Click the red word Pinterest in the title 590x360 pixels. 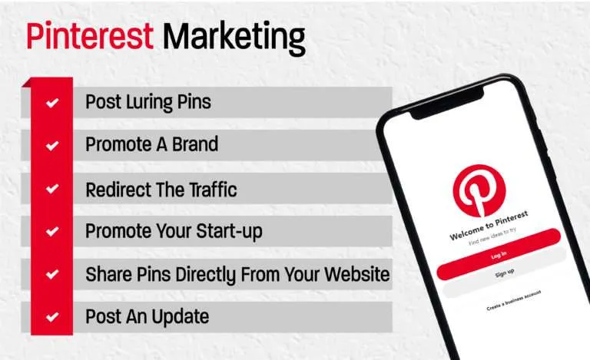[90, 37]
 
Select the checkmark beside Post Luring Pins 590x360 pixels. [52, 102]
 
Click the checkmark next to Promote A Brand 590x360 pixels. [52, 145]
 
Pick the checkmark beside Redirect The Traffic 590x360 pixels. [52, 188]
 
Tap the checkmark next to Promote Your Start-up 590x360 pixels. [52, 231]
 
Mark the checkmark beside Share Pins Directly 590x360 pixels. [52, 274]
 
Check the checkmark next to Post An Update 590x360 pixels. [52, 316]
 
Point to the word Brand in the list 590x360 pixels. [195, 144]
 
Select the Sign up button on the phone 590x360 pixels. [503, 274]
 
